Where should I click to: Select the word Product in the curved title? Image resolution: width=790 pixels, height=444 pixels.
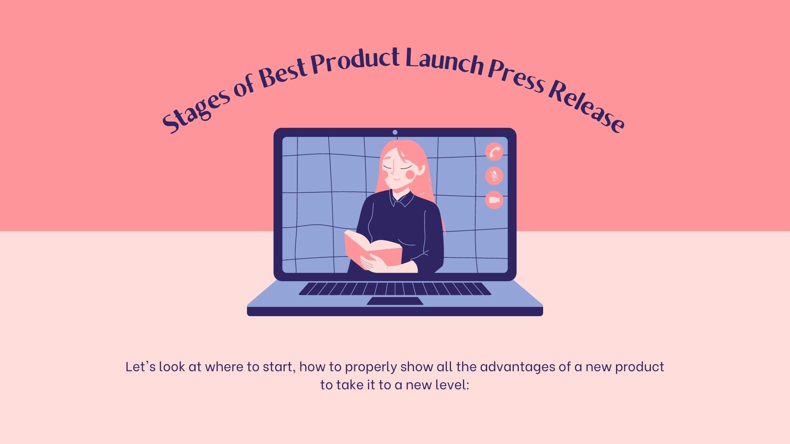[x=355, y=60]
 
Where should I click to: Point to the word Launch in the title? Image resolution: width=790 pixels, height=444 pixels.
[x=444, y=61]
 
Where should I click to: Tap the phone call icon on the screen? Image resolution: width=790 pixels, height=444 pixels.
[x=494, y=152]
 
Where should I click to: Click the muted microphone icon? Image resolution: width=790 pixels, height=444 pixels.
[x=494, y=176]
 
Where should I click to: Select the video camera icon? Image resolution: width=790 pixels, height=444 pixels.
[x=494, y=200]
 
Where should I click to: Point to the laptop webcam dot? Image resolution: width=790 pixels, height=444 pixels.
[x=395, y=132]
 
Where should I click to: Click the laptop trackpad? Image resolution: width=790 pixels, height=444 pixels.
[x=395, y=301]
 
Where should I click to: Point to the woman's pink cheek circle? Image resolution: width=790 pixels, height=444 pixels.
[x=410, y=174]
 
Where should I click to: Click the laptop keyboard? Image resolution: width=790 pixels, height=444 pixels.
[x=395, y=289]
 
